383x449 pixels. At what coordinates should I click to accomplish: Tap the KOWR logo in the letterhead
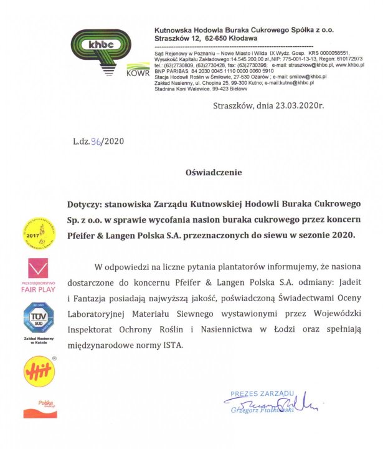[138, 70]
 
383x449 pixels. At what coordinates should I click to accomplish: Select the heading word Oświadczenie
[213, 171]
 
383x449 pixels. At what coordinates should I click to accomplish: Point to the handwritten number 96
[97, 141]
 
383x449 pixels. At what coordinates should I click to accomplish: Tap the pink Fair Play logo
[39, 274]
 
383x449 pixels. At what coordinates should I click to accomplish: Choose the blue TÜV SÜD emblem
[39, 317]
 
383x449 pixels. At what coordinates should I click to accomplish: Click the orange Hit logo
[39, 371]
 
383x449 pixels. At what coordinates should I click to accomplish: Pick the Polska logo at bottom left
[40, 408]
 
